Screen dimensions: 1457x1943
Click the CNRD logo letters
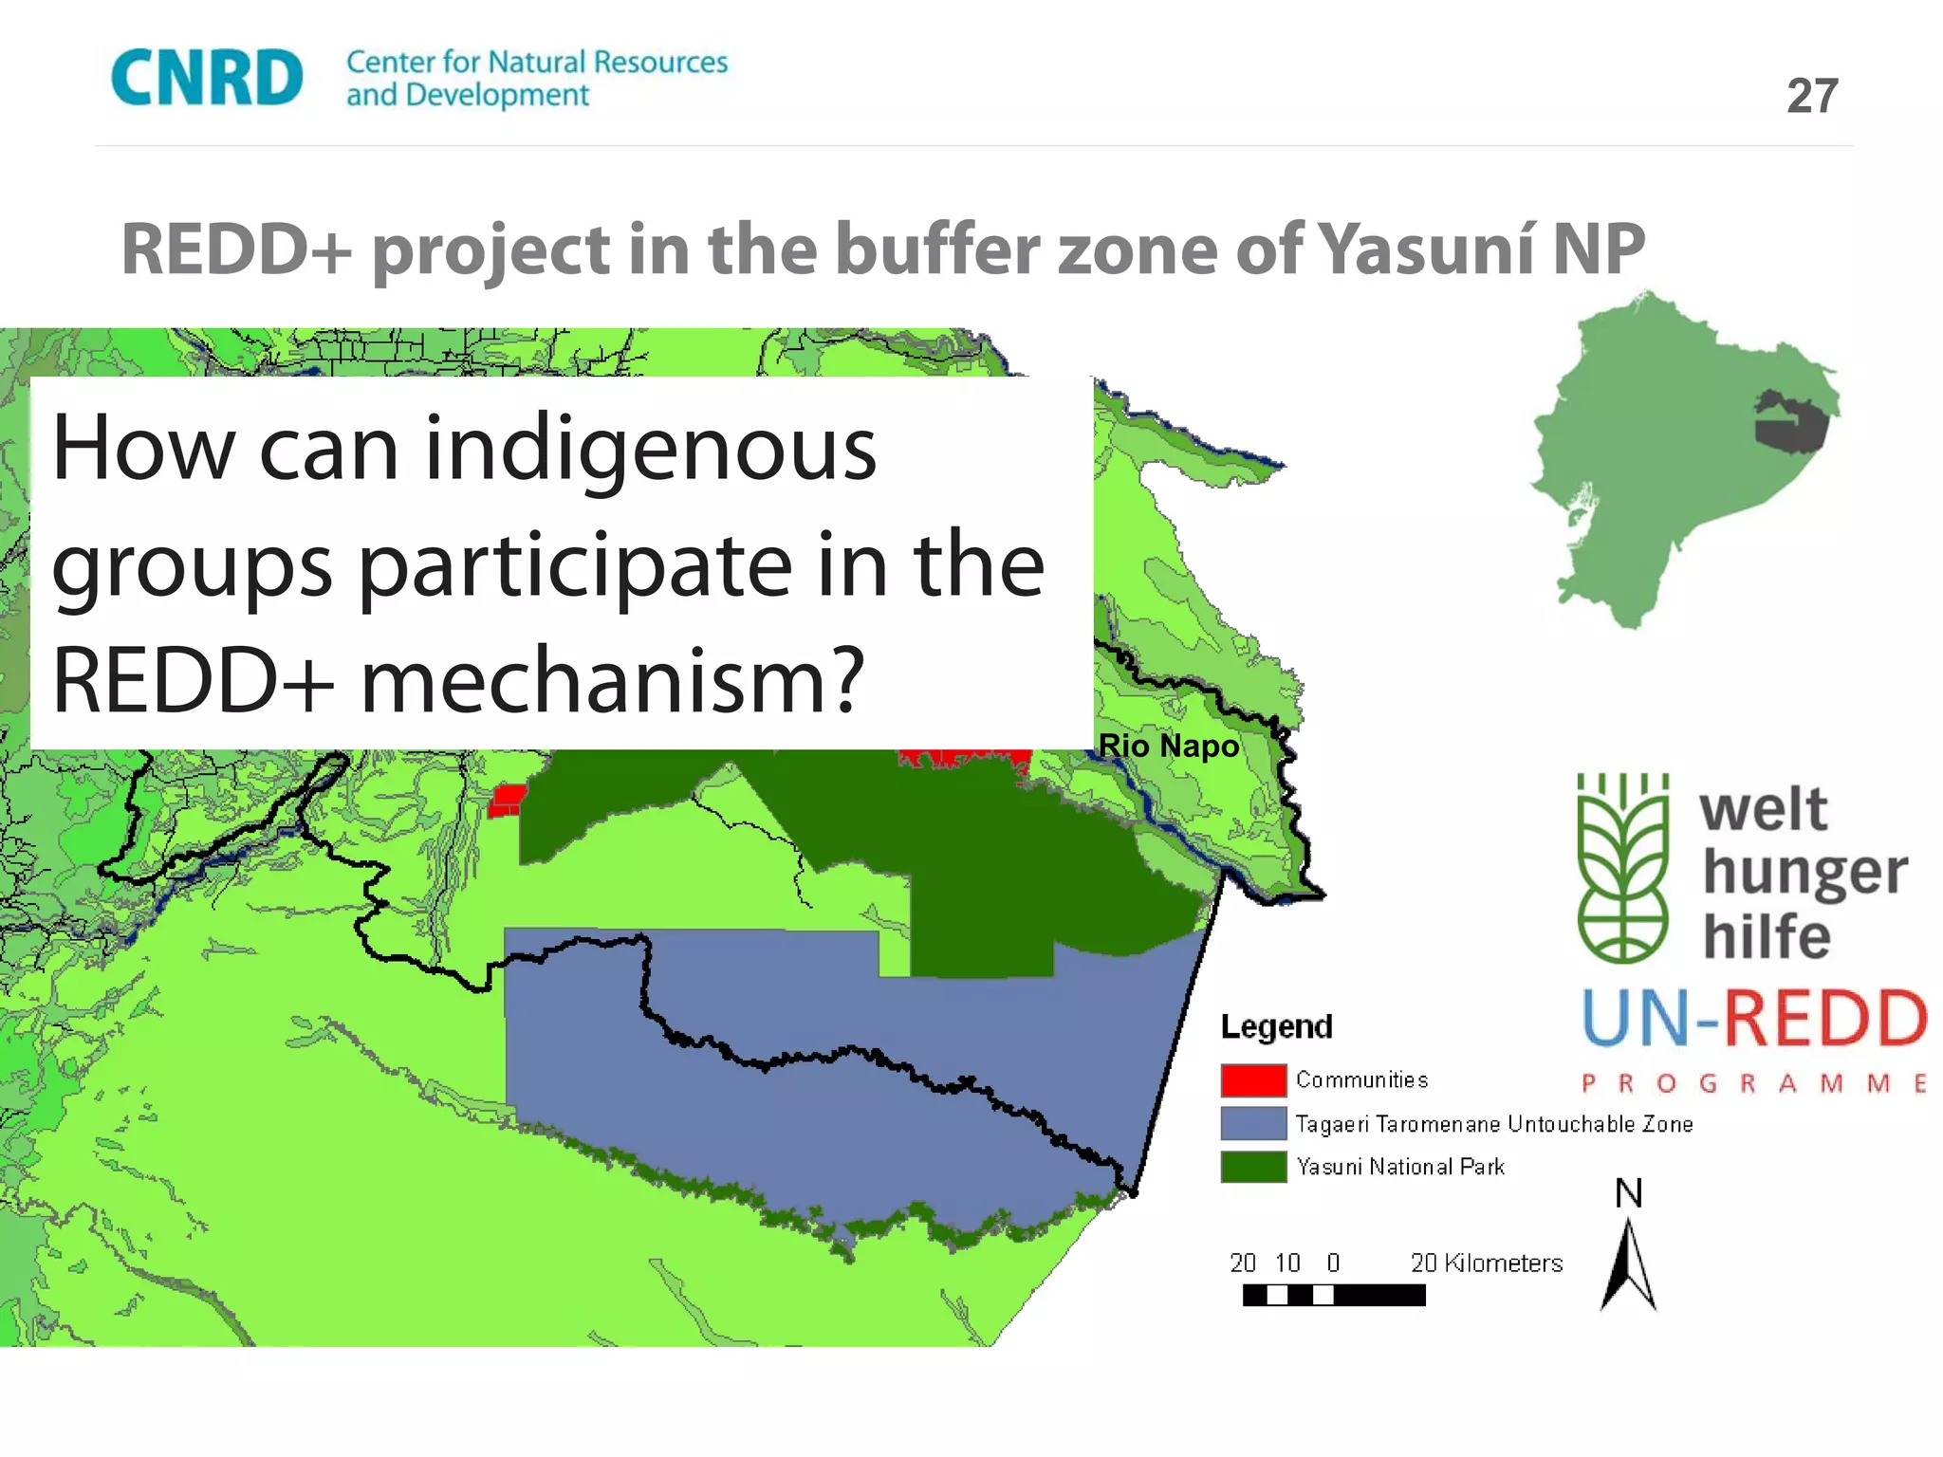coord(207,78)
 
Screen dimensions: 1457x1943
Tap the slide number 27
coord(1812,96)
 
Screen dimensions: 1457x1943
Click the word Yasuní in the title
coord(1429,249)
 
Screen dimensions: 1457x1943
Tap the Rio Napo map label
coord(1168,746)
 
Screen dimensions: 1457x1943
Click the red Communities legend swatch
coord(1253,1080)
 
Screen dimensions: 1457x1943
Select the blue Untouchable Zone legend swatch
coord(1253,1124)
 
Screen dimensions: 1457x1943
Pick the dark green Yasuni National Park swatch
coord(1253,1167)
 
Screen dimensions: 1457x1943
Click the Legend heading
coord(1276,1026)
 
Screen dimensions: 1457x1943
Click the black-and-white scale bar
coord(1333,1295)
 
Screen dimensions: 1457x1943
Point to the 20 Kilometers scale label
coord(1486,1263)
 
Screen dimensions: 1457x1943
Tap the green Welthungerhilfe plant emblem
coord(1622,868)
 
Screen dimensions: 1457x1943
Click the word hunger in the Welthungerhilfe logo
coord(1804,873)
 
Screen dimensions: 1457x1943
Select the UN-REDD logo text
coord(1754,1018)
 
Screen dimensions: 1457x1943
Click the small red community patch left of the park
coord(507,800)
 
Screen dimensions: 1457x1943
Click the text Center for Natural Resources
coord(536,63)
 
